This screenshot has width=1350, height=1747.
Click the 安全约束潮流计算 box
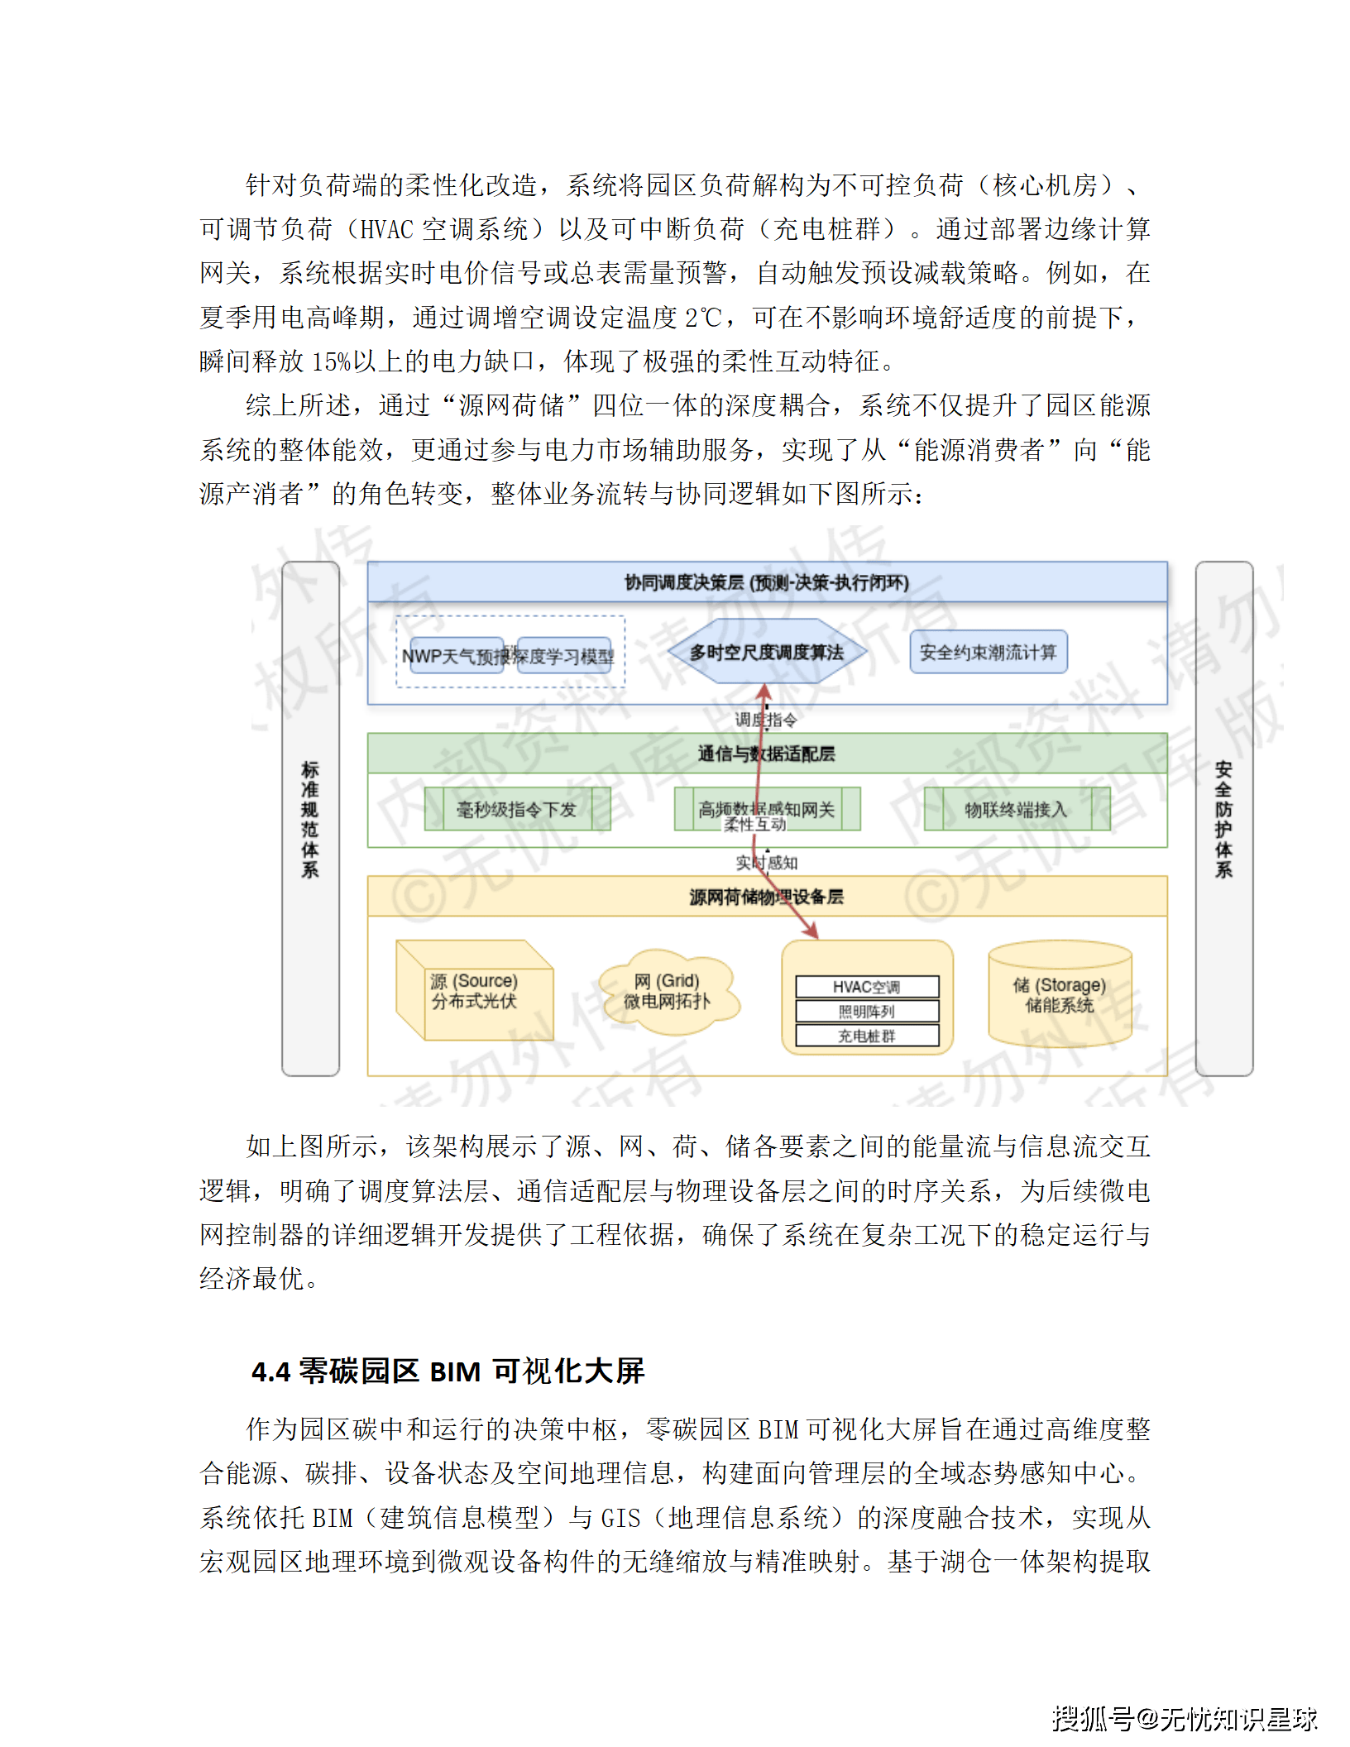(988, 653)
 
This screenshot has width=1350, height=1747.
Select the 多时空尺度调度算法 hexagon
(767, 653)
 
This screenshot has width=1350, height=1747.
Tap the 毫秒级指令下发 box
(517, 809)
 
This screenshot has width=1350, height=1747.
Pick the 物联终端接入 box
(1017, 809)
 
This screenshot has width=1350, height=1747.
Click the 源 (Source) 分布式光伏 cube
(474, 991)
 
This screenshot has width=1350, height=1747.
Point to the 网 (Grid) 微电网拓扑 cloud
(668, 991)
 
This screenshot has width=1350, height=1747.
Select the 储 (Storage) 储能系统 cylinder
(1060, 994)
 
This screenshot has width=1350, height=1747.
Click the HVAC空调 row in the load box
(867, 987)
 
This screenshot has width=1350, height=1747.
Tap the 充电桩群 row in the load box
(867, 1036)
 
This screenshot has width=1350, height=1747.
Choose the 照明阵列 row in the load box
(867, 1012)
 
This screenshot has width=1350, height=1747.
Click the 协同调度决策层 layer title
(767, 583)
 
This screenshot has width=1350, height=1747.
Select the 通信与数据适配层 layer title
(767, 754)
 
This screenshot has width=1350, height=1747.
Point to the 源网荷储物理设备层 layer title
(767, 897)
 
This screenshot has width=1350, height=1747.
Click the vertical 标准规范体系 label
(310, 819)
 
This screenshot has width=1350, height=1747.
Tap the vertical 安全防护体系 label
(1223, 819)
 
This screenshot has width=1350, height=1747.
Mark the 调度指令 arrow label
(767, 720)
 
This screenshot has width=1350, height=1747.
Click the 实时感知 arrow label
(767, 863)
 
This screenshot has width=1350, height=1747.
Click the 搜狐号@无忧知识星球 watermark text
(1184, 1719)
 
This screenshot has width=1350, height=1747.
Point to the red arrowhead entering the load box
(814, 934)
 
